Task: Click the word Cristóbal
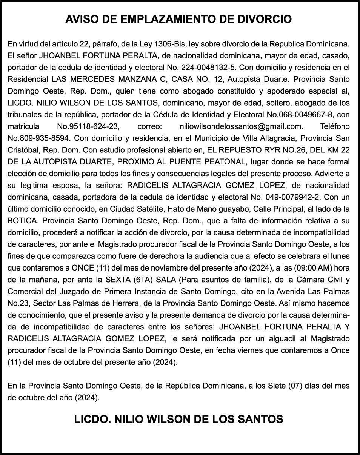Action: [24, 150]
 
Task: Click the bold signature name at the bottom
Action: [179, 419]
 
